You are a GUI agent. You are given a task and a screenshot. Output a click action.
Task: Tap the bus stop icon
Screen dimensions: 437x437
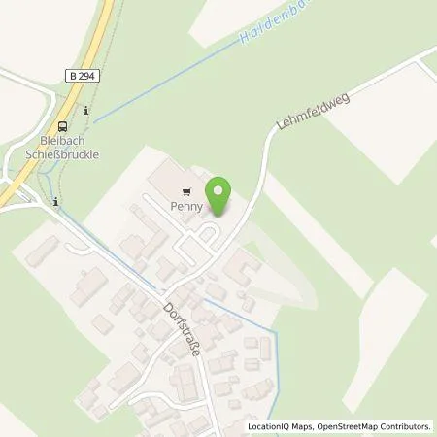[x=63, y=125]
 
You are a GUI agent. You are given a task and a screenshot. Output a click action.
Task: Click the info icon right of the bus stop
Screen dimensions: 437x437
[x=86, y=111]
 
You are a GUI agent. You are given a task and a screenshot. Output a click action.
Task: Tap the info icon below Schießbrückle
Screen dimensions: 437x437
[x=56, y=202]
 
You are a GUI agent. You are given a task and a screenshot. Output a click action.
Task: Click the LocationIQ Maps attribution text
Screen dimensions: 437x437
[x=283, y=426]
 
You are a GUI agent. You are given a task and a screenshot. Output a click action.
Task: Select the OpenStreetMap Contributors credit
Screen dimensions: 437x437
[x=377, y=426]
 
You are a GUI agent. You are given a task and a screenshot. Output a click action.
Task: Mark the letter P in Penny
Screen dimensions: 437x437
[x=173, y=207]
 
